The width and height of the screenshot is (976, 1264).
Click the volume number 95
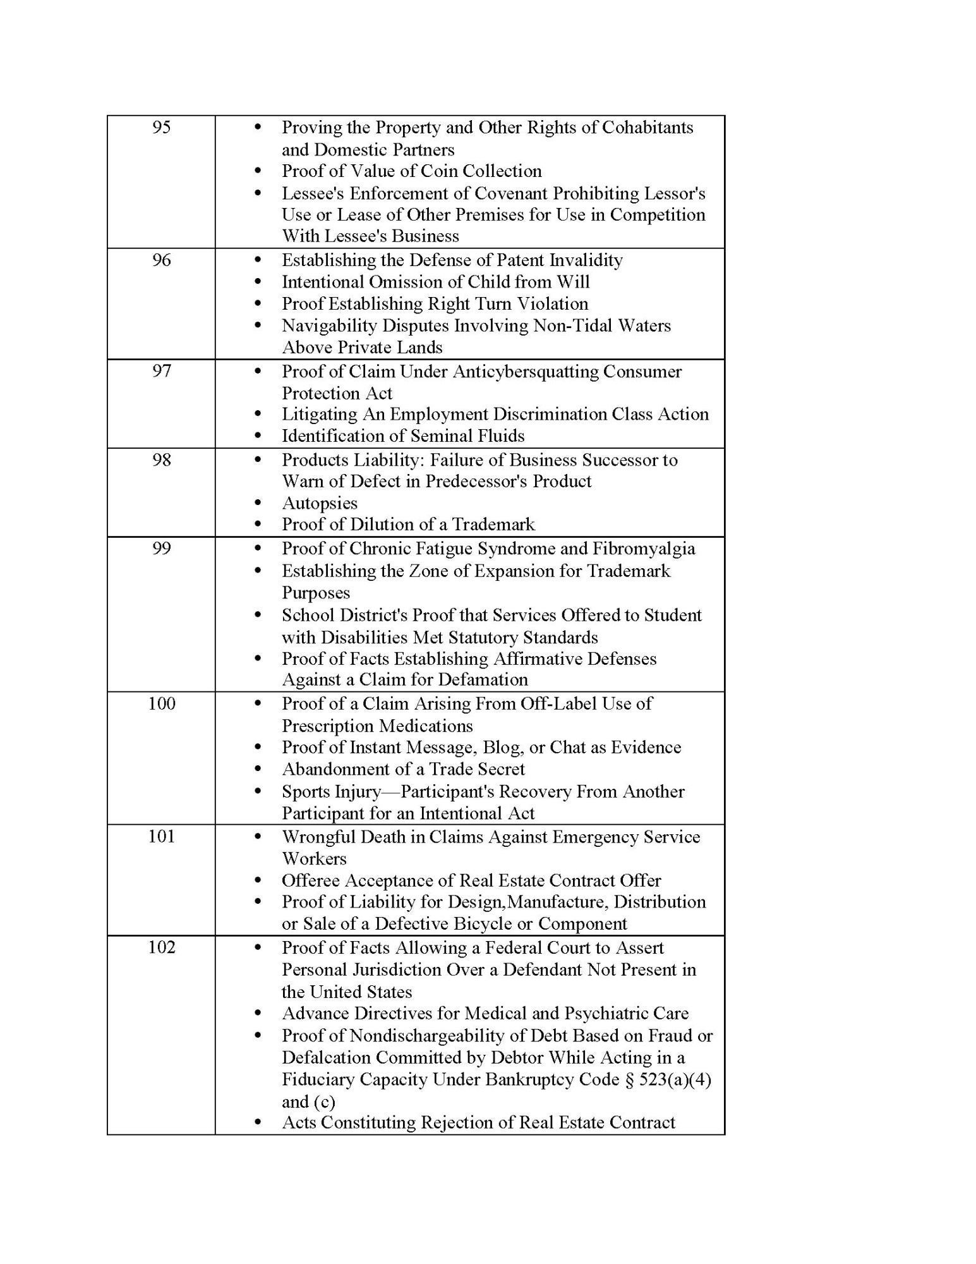tap(162, 128)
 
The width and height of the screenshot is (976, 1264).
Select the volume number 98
tap(162, 459)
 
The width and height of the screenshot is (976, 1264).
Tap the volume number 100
tap(162, 703)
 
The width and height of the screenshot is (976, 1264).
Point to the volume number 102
tap(162, 947)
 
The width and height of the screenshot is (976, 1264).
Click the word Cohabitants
tap(648, 128)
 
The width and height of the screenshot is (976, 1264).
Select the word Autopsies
tap(320, 503)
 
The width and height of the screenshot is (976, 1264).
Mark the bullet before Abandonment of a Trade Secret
tap(257, 770)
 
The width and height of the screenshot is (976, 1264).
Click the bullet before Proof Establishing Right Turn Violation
tap(257, 304)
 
